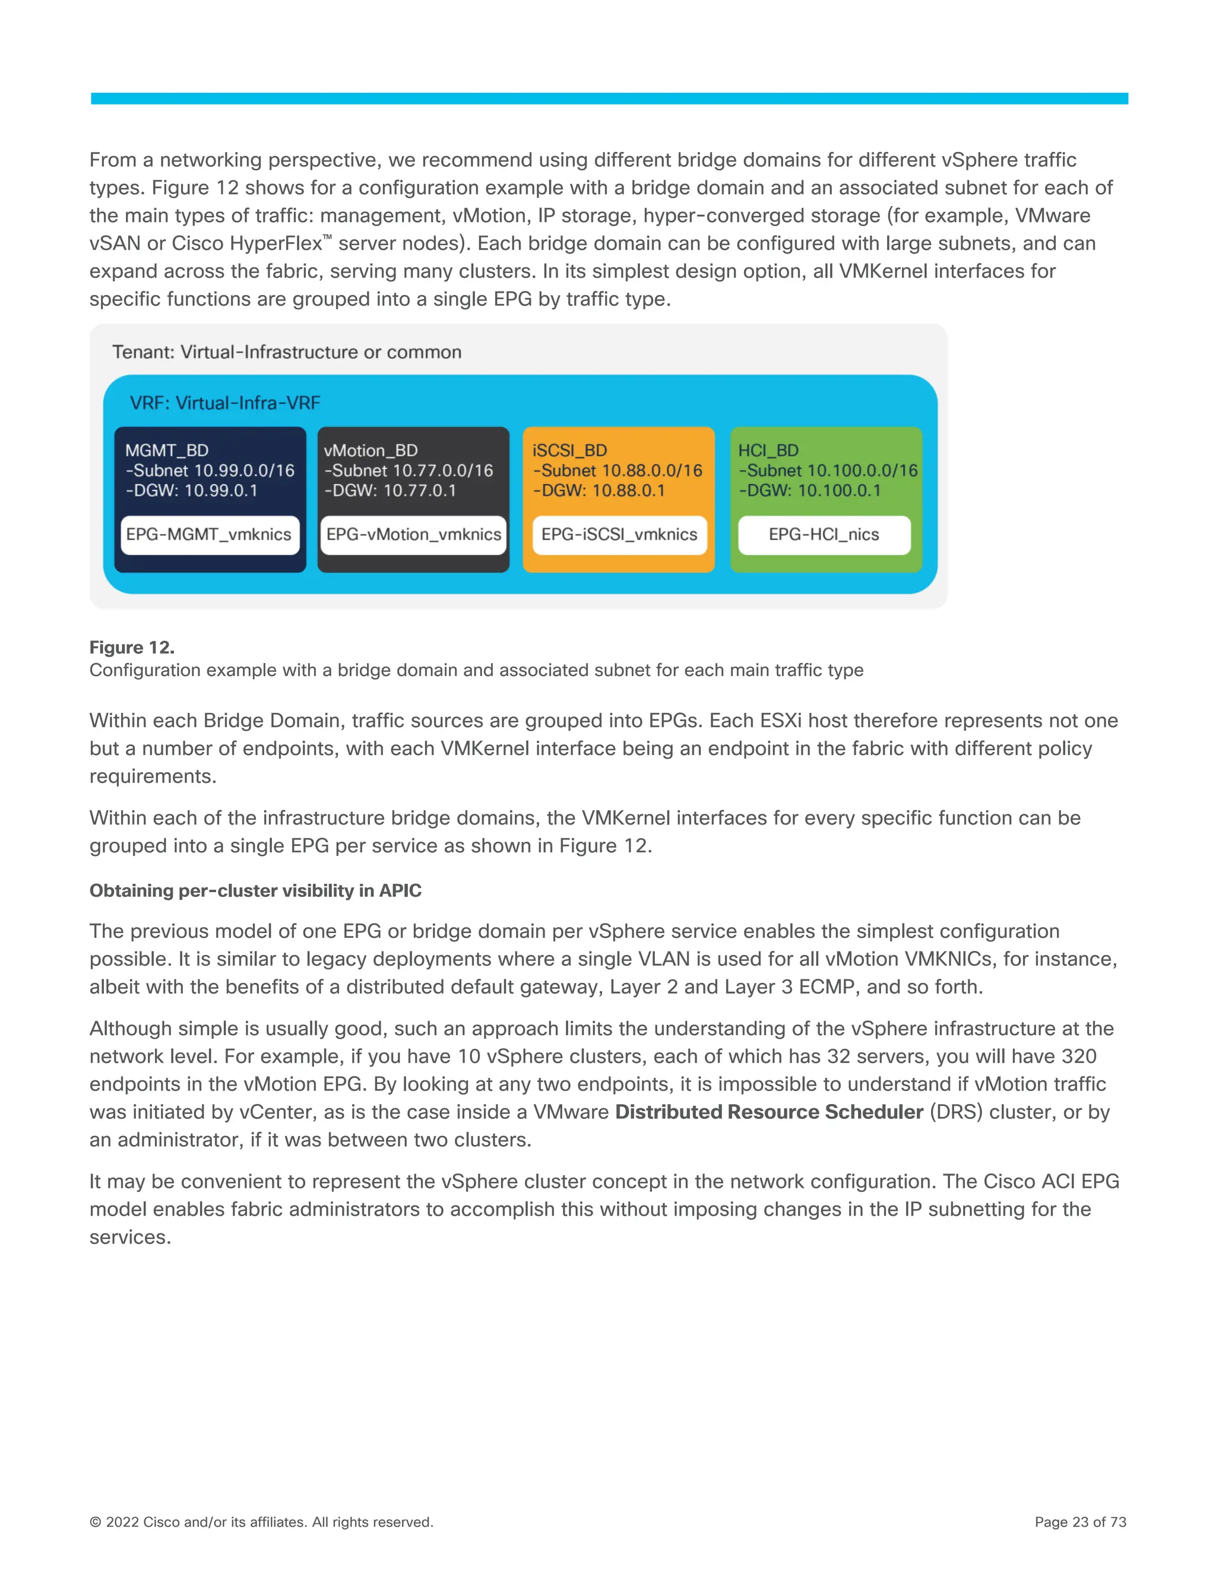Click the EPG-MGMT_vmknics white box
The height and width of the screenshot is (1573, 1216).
tap(210, 534)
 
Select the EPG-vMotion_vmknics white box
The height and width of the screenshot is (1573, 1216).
tap(413, 534)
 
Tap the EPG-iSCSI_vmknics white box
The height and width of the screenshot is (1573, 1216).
tap(619, 534)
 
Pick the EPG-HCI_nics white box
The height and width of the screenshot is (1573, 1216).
tap(824, 534)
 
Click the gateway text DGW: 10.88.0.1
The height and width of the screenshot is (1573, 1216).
tap(598, 490)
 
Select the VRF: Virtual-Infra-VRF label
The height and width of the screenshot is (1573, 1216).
tap(225, 402)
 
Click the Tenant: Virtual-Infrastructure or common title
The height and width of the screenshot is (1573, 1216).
tap(287, 352)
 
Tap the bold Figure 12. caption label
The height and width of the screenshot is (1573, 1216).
tap(132, 648)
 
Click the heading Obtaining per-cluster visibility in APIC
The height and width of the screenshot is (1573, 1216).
tap(255, 891)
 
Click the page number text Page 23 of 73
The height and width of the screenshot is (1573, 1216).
tap(1080, 1522)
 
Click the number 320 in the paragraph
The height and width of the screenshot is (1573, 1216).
tap(1078, 1057)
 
